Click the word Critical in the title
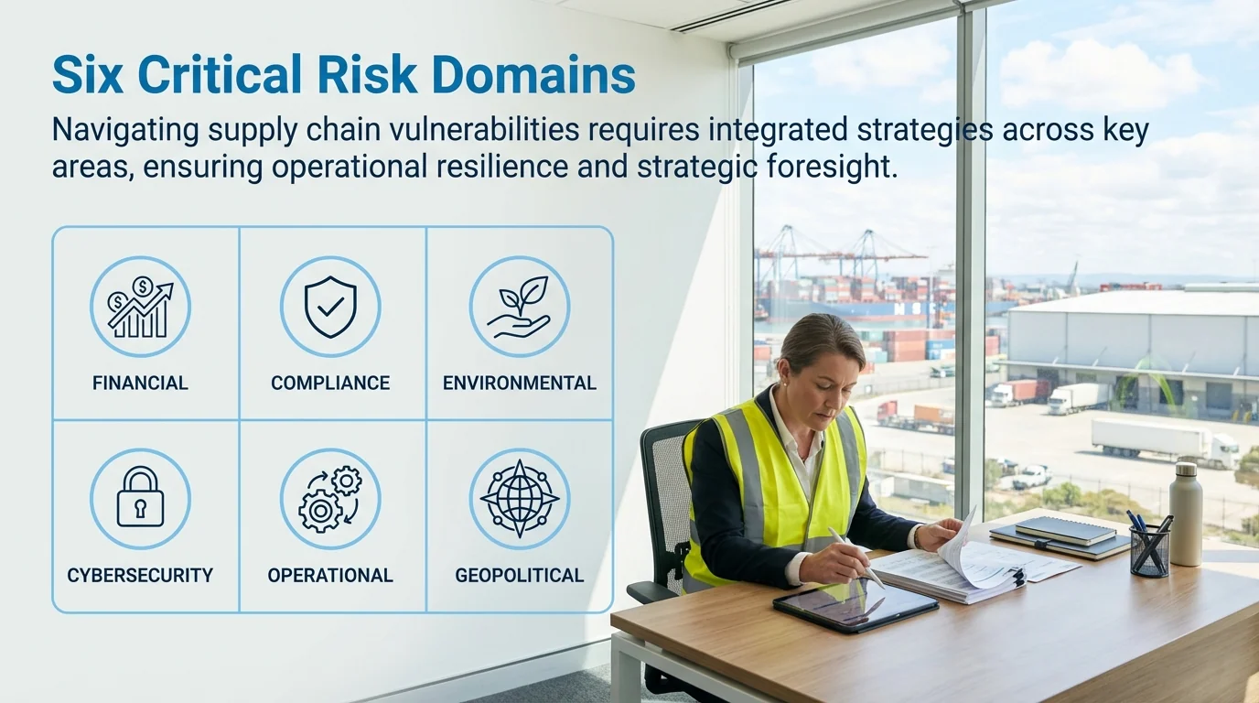click(223, 75)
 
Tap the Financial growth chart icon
click(140, 307)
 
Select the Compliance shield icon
click(330, 307)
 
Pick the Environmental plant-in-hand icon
click(519, 307)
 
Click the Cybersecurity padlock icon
click(140, 499)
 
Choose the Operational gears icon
click(330, 499)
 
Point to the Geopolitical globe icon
click(519, 499)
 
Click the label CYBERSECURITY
click(140, 576)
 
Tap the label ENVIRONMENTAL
click(519, 384)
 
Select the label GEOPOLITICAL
click(519, 576)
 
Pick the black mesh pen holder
click(1150, 549)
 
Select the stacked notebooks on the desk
click(1061, 537)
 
